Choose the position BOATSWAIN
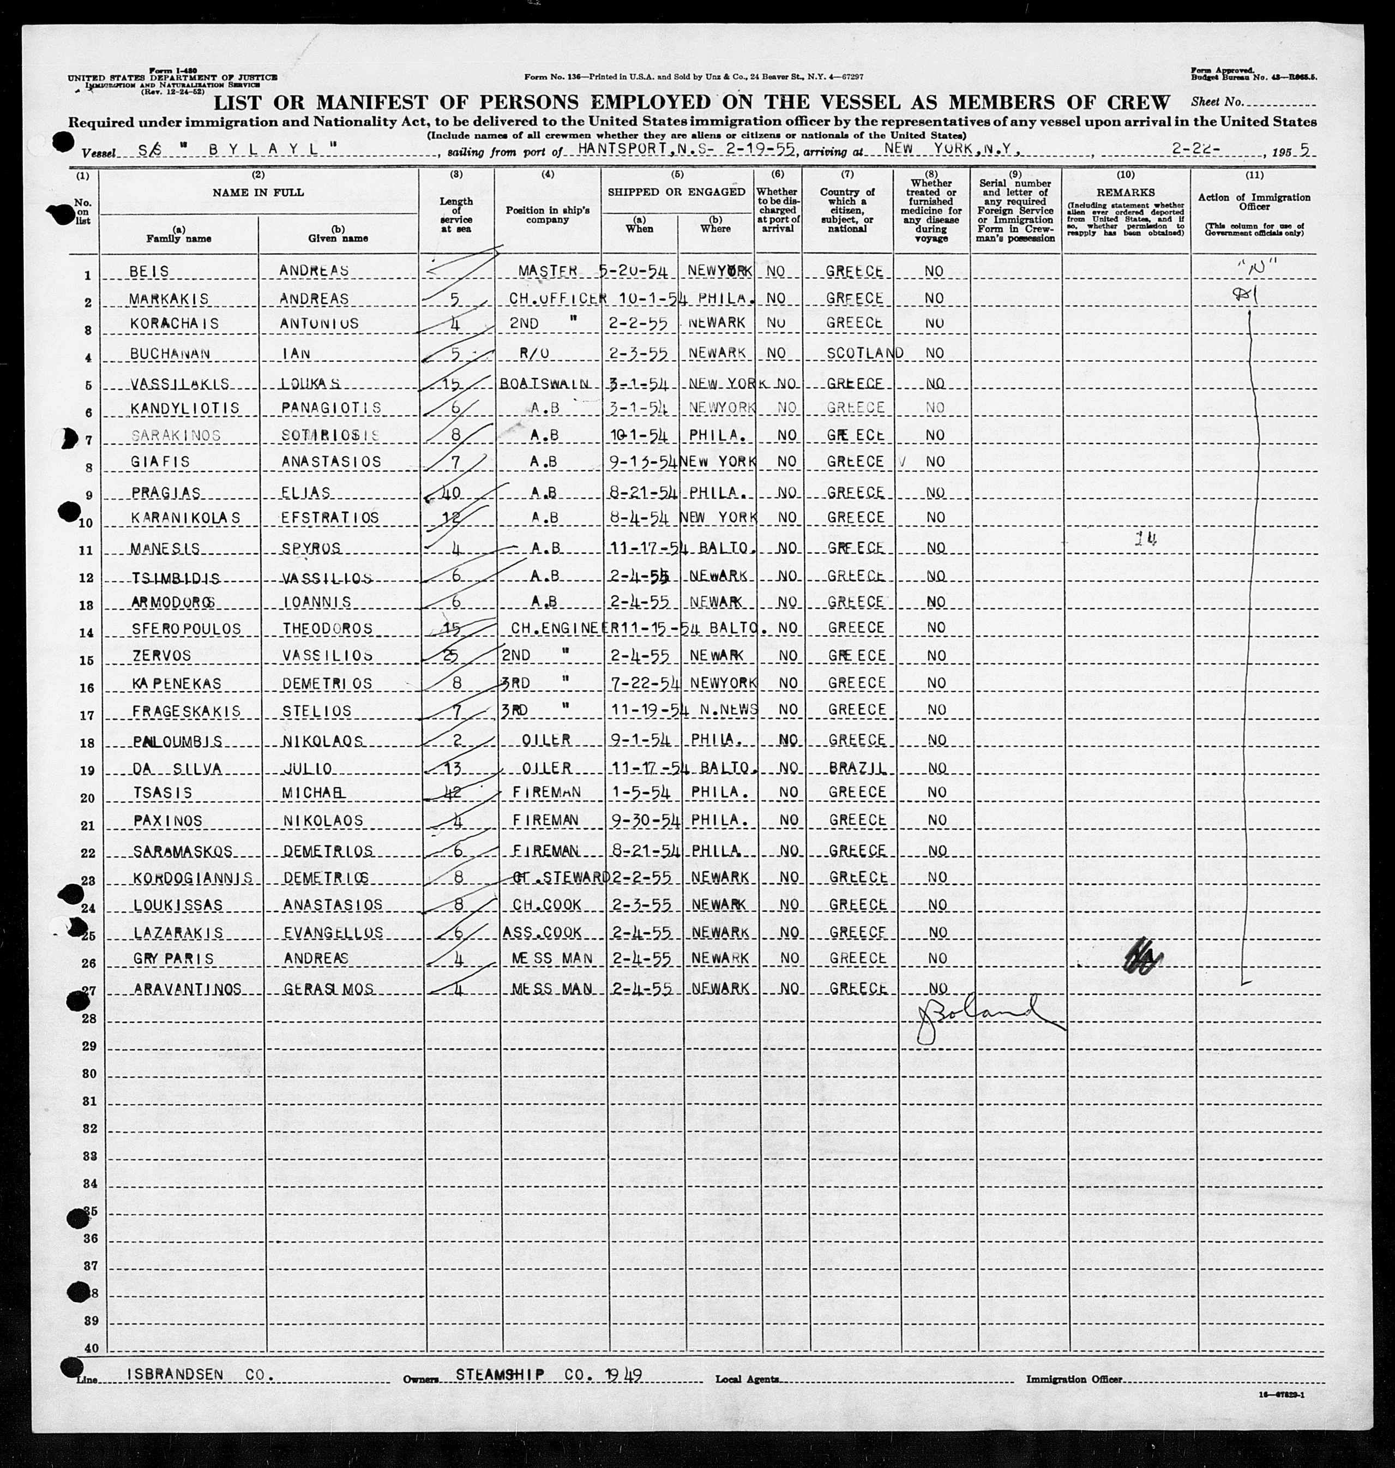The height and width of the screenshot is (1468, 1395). point(545,384)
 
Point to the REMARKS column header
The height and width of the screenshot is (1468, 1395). point(1125,193)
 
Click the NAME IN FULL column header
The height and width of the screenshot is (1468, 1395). point(257,193)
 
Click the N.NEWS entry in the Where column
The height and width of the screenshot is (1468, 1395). point(723,710)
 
